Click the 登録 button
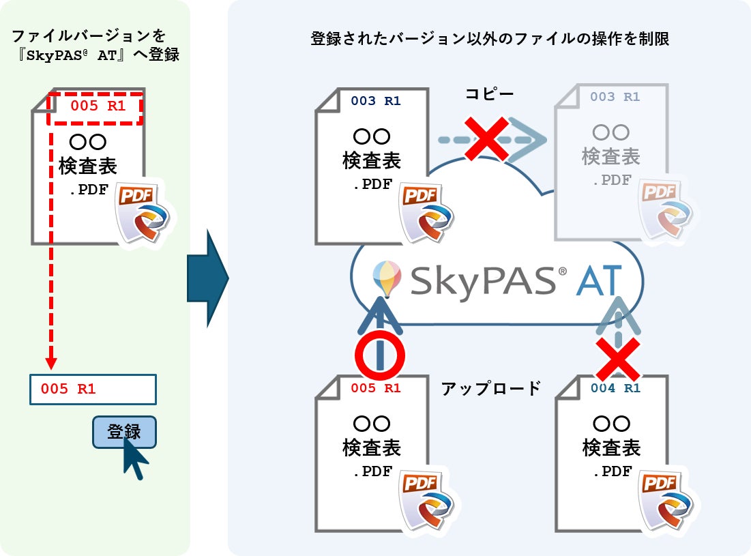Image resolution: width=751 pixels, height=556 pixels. [x=124, y=431]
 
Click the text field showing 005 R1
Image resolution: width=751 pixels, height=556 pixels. [x=93, y=389]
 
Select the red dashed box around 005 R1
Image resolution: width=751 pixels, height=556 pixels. [x=94, y=108]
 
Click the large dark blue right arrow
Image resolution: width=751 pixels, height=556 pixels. [x=207, y=279]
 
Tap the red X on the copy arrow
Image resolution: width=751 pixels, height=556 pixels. [x=486, y=139]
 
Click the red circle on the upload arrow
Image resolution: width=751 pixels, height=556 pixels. [x=380, y=355]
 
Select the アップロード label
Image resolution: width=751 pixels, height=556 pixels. [x=491, y=388]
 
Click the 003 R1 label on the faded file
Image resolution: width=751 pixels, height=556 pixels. [x=615, y=97]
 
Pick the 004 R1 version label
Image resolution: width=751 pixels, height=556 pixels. [x=615, y=389]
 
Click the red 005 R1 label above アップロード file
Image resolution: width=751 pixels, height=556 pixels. [x=376, y=388]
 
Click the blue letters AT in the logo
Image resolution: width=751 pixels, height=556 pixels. [x=598, y=280]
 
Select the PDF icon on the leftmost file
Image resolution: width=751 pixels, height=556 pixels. [x=141, y=211]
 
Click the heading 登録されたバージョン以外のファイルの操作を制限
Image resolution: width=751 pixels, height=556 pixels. [x=489, y=39]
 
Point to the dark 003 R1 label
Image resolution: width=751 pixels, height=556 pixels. [x=376, y=101]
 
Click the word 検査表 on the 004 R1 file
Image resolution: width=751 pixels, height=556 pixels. [x=611, y=448]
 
